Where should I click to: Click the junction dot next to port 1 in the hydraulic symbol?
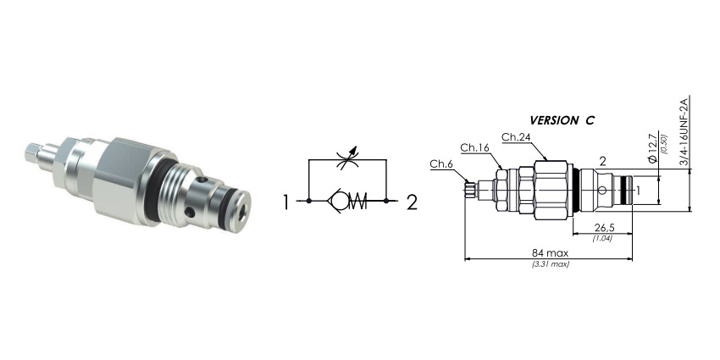(x=309, y=201)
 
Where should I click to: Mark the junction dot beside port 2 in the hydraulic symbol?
(x=386, y=201)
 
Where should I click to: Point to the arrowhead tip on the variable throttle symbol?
(x=357, y=147)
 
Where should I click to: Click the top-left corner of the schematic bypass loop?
(x=309, y=160)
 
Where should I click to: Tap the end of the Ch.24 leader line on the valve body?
(x=547, y=160)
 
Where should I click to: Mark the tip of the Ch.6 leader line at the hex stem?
(x=468, y=182)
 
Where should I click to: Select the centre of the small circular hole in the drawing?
(x=603, y=190)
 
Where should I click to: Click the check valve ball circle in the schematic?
(x=340, y=201)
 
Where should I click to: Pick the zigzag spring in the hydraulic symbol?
(x=357, y=201)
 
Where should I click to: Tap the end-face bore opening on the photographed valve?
(x=242, y=210)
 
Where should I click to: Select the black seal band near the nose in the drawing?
(x=625, y=190)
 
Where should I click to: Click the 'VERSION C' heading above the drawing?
(x=562, y=121)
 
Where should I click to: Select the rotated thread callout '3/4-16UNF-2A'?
(x=684, y=130)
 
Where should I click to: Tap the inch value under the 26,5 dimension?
(x=602, y=238)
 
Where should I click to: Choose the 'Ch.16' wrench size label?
(x=475, y=147)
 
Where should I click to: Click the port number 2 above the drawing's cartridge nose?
(x=603, y=161)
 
